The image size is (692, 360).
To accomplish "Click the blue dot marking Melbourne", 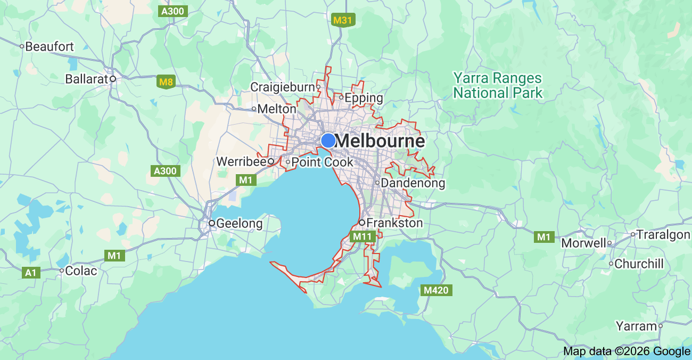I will point(328,141).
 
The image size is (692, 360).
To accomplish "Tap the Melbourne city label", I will point(381,141).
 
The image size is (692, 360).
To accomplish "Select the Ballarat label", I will point(86,79).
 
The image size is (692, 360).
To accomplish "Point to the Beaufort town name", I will point(50,46).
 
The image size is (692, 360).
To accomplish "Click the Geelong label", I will point(240,223).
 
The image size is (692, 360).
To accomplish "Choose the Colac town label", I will point(81,271).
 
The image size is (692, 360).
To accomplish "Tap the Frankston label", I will point(394,223).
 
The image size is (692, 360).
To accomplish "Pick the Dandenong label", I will point(413,183).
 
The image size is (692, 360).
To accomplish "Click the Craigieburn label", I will point(283,87).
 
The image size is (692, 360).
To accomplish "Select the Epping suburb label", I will point(364,98).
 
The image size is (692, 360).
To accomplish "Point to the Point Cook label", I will point(322,162).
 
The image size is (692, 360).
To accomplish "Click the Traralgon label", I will point(663,234).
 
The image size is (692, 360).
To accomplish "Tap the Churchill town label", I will point(639,264).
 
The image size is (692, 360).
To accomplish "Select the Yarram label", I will point(636,326).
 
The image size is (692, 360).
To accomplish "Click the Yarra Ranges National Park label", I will point(497,85).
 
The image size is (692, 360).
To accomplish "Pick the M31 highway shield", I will point(343,20).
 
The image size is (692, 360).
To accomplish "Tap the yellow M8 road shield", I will point(166,82).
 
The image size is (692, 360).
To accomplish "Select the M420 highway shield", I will point(436,290).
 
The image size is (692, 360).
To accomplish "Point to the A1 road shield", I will point(31,273).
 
